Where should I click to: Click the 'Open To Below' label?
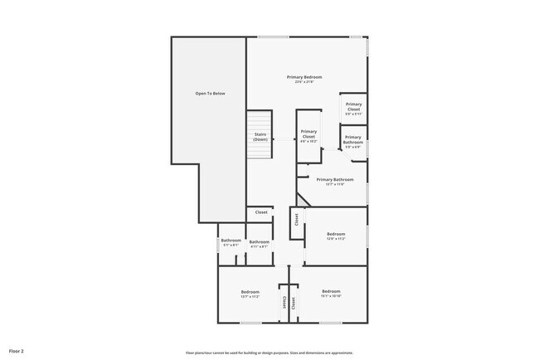point(210,94)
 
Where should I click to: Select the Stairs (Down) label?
point(260,137)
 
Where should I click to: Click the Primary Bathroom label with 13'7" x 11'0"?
point(335,180)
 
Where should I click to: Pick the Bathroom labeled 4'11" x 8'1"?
point(259,242)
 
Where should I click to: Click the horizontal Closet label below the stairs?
point(260,212)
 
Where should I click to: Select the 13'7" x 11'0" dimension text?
point(335,183)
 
